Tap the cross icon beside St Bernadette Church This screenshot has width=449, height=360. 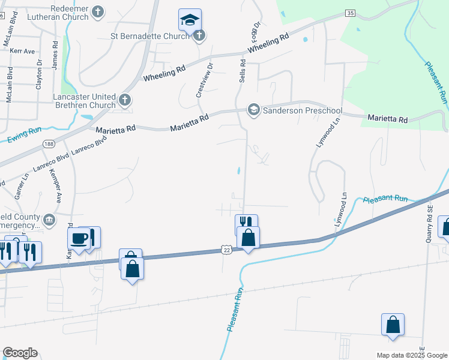pyautogui.click(x=200, y=35)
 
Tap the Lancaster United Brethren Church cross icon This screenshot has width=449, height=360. pyautogui.click(x=124, y=100)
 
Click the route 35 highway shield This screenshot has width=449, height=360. pyautogui.click(x=351, y=13)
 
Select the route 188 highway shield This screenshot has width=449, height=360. pyautogui.click(x=49, y=144)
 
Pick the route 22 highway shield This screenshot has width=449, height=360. pyautogui.click(x=226, y=249)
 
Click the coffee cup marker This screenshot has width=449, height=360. pyautogui.click(x=79, y=239)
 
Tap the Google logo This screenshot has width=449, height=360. pyautogui.click(x=20, y=353)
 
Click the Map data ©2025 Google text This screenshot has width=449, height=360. pyautogui.click(x=411, y=355)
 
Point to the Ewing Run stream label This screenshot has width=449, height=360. pyautogui.click(x=25, y=135)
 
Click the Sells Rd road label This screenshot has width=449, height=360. pyautogui.click(x=243, y=70)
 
